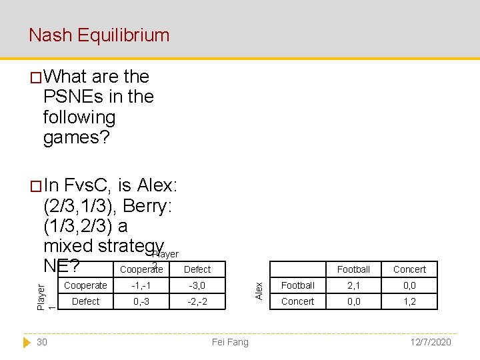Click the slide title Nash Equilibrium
point(99,35)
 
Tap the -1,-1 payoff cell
point(141,285)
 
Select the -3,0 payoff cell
point(197,285)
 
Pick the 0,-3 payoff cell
point(141,301)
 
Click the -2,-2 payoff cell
point(197,301)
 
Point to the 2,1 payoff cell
point(353,285)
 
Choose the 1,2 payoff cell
point(409,301)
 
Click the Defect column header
point(197,269)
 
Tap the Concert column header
point(409,269)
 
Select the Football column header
point(353,269)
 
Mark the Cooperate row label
point(85,285)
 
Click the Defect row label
point(85,301)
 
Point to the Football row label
point(298,285)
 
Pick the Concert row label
point(298,301)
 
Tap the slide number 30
point(42,342)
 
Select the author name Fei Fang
point(229,342)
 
